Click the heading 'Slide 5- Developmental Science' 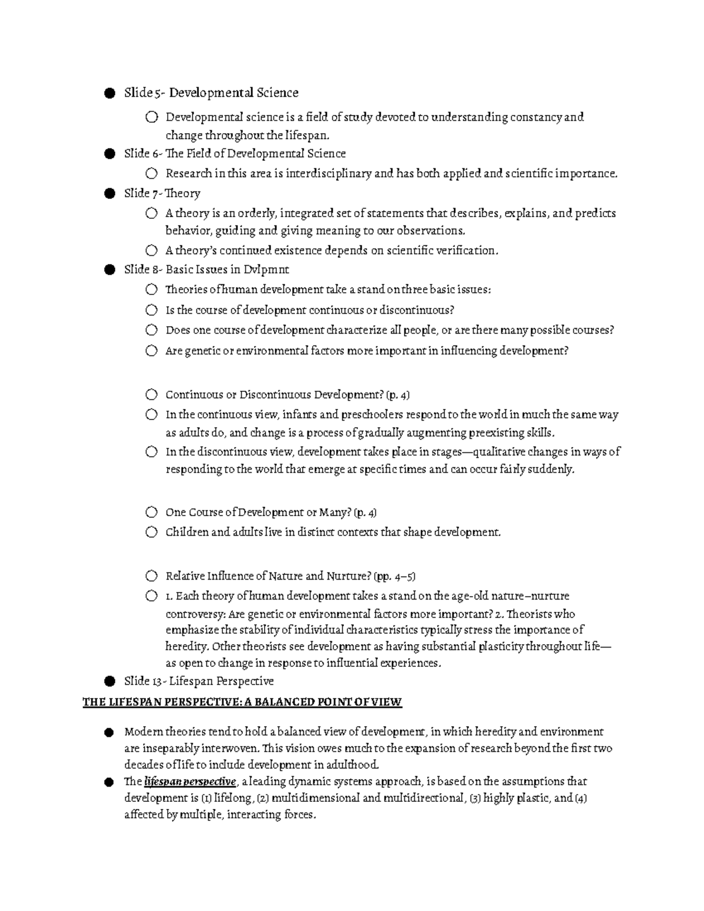(211, 93)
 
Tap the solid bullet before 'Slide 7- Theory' (109, 194)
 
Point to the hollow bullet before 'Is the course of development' (151, 310)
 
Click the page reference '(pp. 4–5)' (395, 576)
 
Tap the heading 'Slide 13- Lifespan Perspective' (199, 681)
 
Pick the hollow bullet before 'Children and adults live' (151, 532)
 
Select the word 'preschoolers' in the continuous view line (372, 415)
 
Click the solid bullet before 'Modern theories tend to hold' (109, 732)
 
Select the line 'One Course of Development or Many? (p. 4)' (271, 513)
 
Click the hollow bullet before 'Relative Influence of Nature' (151, 575)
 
